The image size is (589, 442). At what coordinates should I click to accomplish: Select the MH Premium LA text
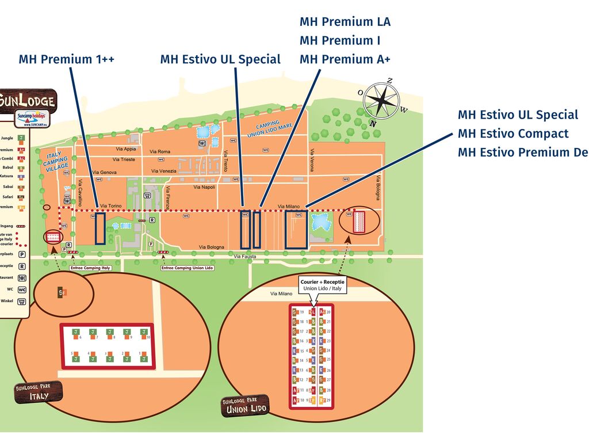pyautogui.click(x=345, y=22)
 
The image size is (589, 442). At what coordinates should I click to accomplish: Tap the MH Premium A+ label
pyautogui.click(x=345, y=59)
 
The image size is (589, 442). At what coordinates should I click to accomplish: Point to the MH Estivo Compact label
pyautogui.click(x=512, y=134)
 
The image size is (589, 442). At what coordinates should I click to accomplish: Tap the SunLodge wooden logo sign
pyautogui.click(x=29, y=101)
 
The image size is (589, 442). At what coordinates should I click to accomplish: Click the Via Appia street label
pyautogui.click(x=126, y=149)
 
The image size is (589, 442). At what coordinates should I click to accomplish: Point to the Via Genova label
pyautogui.click(x=104, y=172)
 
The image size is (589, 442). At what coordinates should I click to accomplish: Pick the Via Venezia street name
pyautogui.click(x=164, y=171)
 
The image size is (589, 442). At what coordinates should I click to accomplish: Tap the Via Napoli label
pyautogui.click(x=204, y=187)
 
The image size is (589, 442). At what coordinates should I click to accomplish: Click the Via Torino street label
pyautogui.click(x=111, y=205)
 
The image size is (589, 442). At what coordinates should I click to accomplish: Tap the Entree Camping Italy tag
pyautogui.click(x=90, y=268)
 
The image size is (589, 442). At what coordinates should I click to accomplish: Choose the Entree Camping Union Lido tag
pyautogui.click(x=188, y=268)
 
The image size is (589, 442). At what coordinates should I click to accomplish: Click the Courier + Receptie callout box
pyautogui.click(x=322, y=285)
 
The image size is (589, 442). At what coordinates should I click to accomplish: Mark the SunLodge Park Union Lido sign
pyautogui.click(x=246, y=405)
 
